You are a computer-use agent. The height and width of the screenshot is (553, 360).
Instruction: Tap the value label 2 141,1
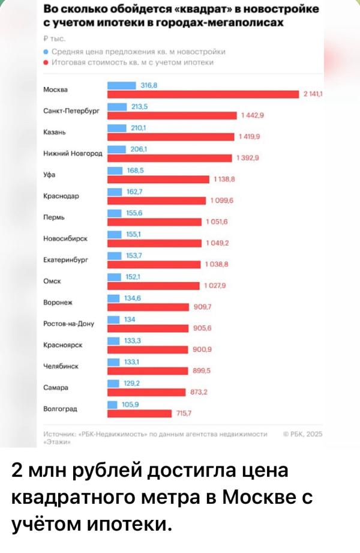(314, 94)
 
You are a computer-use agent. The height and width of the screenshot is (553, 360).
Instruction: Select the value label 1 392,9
(247, 158)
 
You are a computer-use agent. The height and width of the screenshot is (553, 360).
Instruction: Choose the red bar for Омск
(153, 285)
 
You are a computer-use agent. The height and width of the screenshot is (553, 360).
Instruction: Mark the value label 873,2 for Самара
(198, 391)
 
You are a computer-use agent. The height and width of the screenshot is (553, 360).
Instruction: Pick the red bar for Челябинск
(148, 370)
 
